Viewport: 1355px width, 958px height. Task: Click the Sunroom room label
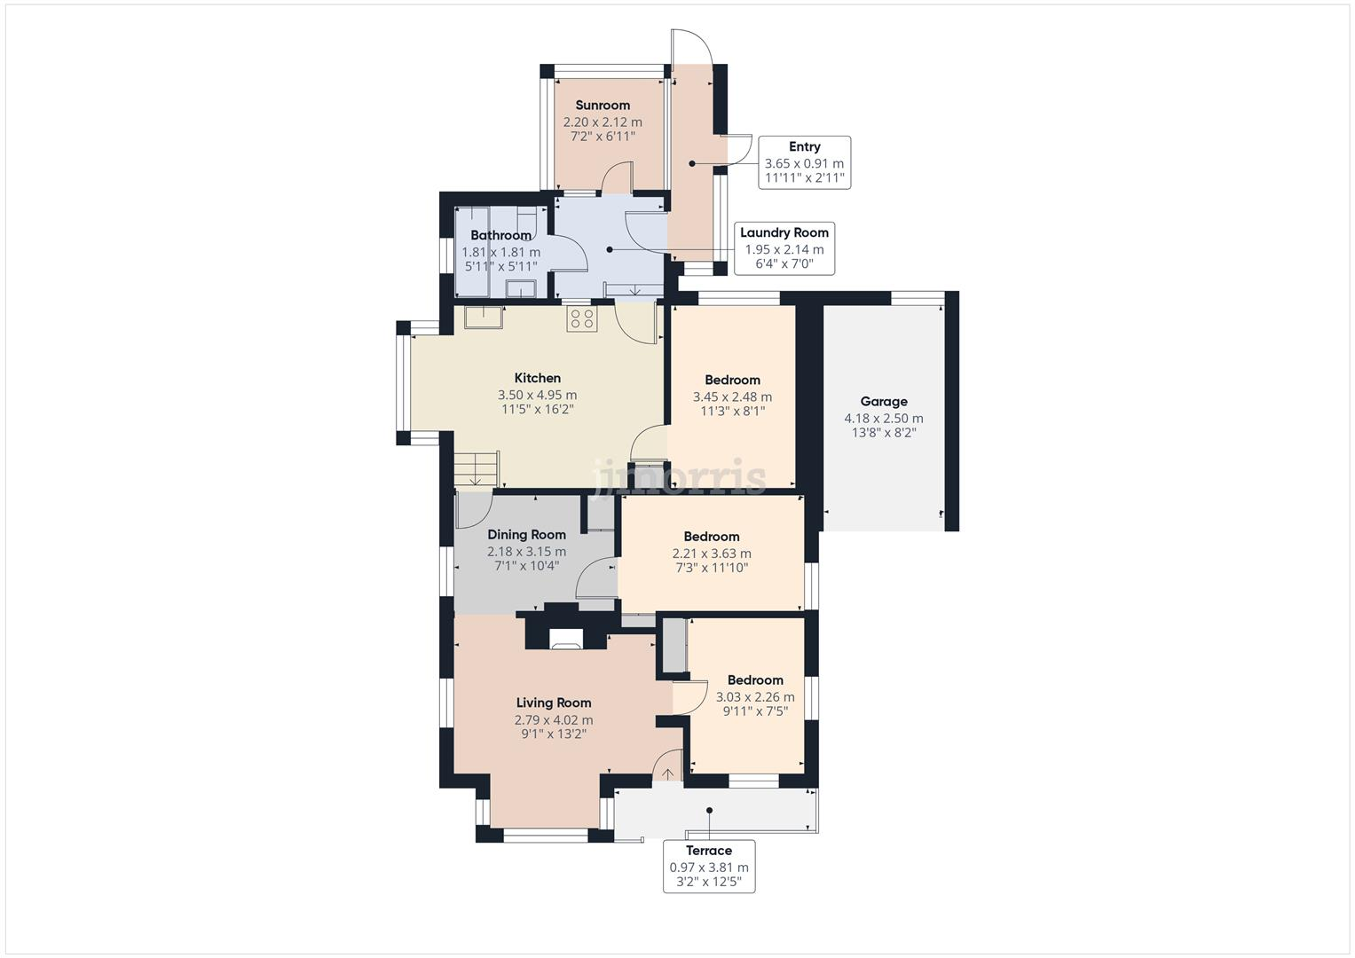603,106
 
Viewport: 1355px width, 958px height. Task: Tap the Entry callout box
805,162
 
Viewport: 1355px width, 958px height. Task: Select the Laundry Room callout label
784,247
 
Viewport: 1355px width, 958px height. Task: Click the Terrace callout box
709,866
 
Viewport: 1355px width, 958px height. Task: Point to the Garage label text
884,402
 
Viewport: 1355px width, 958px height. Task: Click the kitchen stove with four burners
582,319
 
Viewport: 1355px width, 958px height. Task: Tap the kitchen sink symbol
483,317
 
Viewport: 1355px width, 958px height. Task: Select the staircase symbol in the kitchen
477,468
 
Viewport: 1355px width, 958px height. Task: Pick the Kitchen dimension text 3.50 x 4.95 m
537,396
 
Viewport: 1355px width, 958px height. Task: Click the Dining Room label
526,535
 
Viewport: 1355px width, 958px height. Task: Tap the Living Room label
554,703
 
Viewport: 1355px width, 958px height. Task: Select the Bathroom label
500,236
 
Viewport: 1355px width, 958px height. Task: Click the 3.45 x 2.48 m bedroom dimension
732,397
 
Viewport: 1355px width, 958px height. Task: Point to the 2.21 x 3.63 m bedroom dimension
712,554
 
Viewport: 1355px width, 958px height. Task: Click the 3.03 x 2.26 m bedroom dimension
755,697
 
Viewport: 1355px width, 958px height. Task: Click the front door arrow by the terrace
666,773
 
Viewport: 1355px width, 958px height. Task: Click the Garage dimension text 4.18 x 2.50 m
884,419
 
